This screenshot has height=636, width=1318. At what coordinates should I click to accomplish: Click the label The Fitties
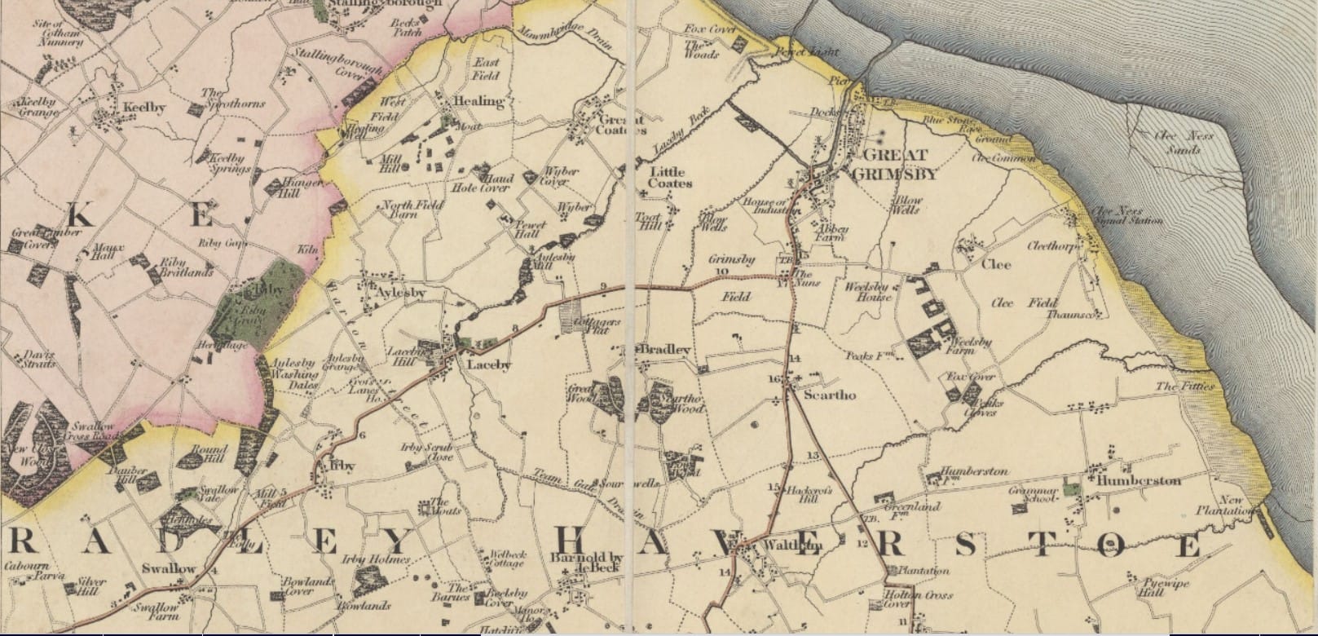[x=1184, y=386]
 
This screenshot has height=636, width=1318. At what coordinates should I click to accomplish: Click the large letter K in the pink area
[x=80, y=216]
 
